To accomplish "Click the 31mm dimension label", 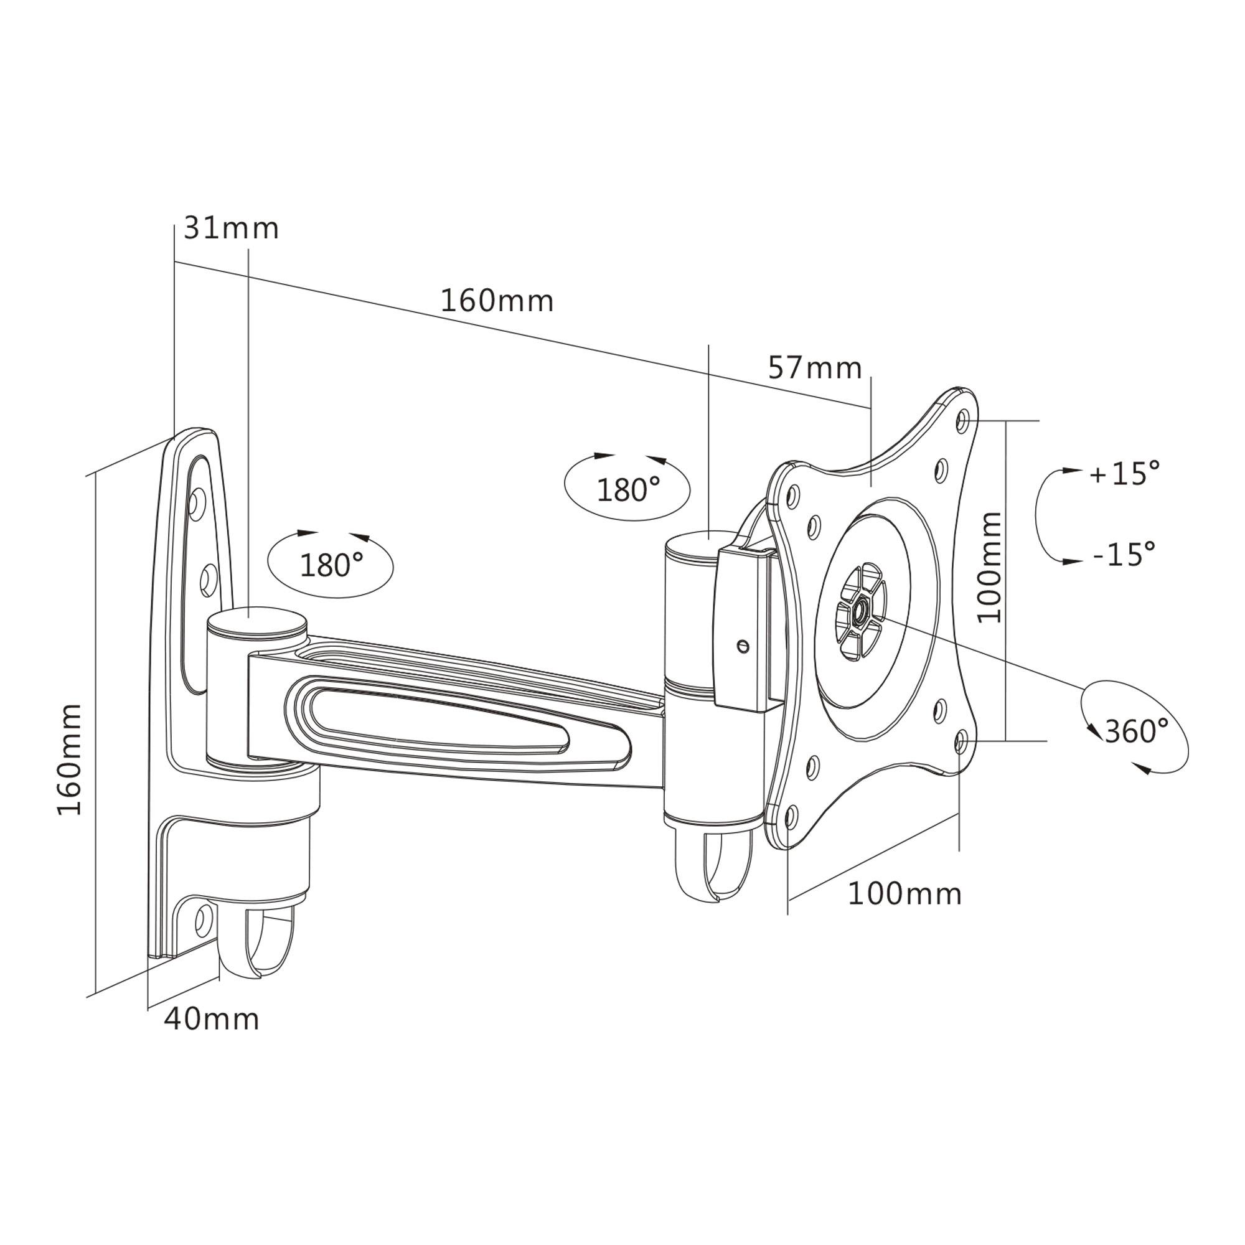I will coord(231,228).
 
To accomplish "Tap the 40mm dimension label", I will coord(212,1019).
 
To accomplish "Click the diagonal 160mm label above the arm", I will coord(497,301).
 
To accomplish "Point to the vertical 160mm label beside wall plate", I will coord(70,761).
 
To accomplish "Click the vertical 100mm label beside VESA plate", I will coord(990,568).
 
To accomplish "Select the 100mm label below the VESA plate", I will coord(904,895).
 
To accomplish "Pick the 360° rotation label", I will coord(1137,731).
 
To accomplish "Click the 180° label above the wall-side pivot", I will coord(331,565).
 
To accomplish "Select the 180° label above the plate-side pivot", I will coord(627,491).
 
